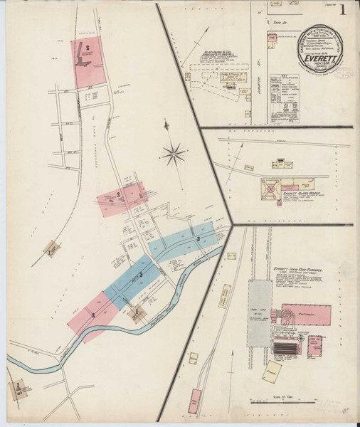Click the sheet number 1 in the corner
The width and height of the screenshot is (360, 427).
[x=344, y=11]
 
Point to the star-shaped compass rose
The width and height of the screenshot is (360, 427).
[x=174, y=152]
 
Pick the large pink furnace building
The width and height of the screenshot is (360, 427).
[x=305, y=315]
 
